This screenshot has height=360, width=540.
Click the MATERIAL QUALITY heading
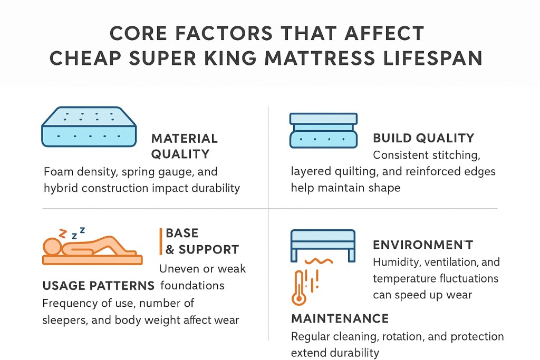[184, 146]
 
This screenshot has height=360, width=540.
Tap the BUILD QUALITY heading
[423, 139]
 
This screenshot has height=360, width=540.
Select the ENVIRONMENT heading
[423, 245]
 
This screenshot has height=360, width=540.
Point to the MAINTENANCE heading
[340, 318]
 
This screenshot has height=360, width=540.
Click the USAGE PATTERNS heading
[98, 286]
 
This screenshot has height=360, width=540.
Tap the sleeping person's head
[53, 247]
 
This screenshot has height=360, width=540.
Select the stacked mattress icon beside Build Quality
[323, 130]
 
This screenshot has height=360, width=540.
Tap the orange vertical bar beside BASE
[160, 241]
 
